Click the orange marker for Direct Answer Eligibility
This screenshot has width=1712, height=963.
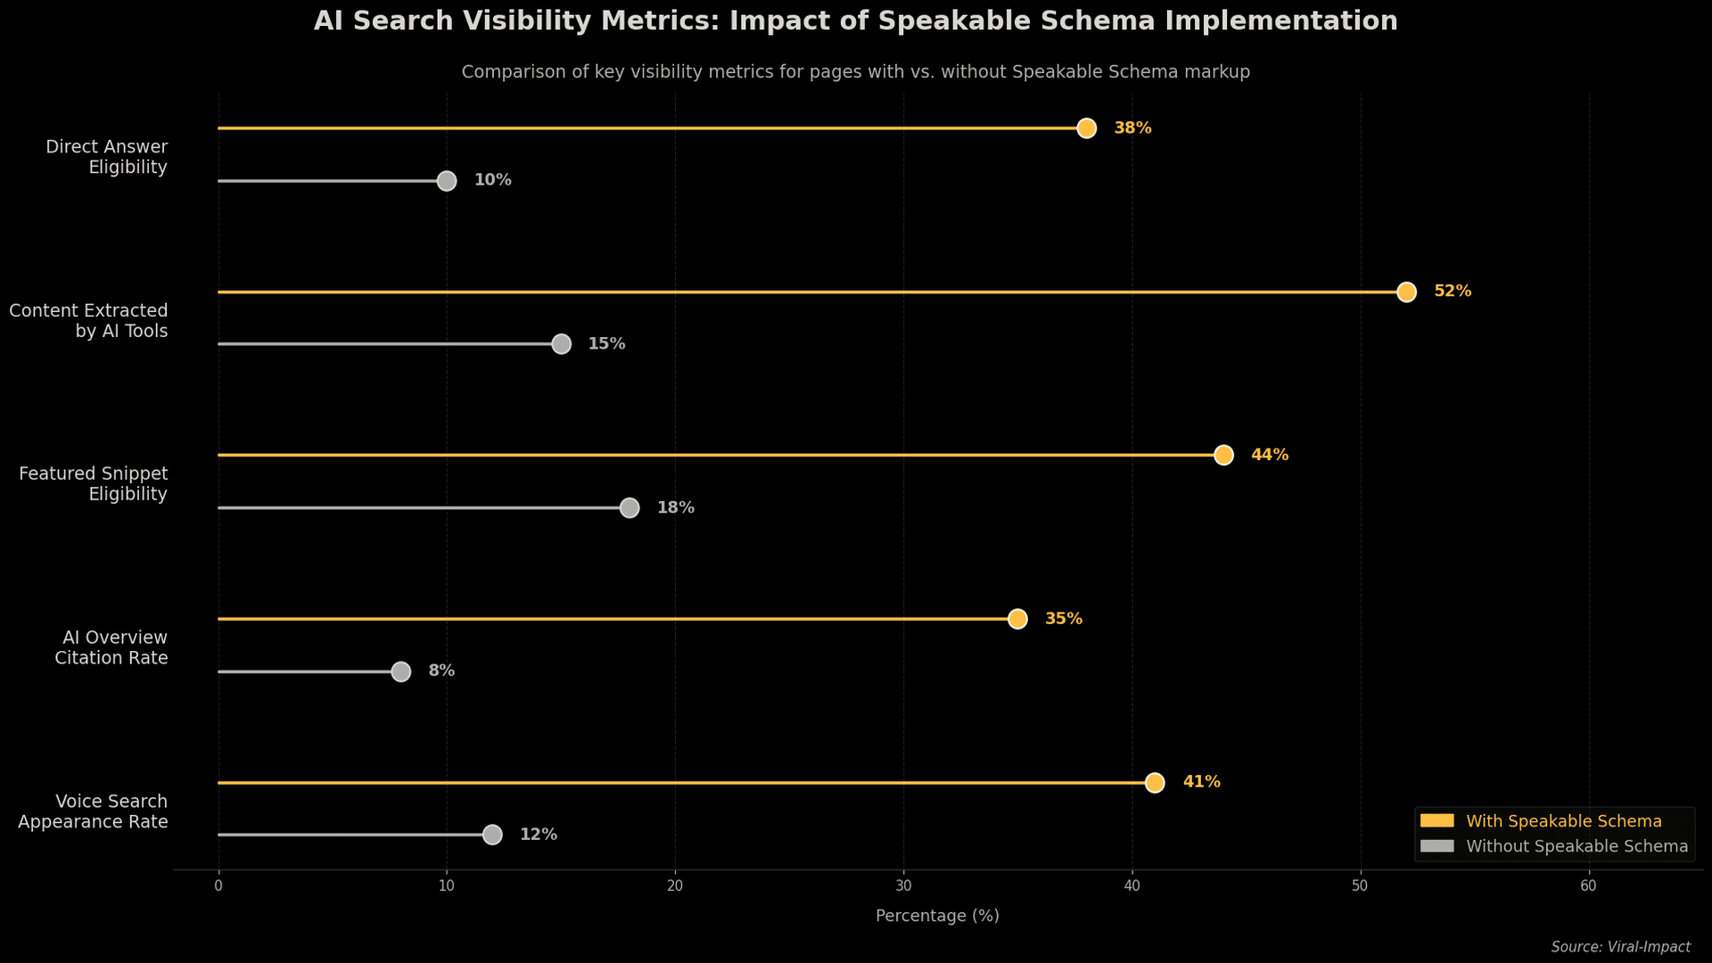[x=1086, y=128]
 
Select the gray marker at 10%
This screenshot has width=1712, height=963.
[x=447, y=181]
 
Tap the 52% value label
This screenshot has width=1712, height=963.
[x=1453, y=292]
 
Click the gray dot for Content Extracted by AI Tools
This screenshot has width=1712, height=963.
[x=561, y=344]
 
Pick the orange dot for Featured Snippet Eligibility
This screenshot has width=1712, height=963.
[x=1223, y=456]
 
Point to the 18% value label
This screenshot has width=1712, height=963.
[x=675, y=508]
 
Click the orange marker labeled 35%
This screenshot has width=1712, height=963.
[x=1017, y=619]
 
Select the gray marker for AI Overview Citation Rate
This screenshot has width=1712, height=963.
[x=401, y=671]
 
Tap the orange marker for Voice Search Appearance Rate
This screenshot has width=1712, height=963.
[x=1155, y=783]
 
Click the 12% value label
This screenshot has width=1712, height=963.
[x=539, y=835]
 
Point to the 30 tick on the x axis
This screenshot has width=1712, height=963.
[x=903, y=886]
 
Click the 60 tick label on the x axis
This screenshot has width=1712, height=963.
[x=1588, y=886]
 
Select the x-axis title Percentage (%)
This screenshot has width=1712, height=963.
[x=937, y=916]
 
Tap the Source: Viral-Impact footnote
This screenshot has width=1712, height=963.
[x=1620, y=947]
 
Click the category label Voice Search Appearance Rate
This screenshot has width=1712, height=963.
[x=93, y=811]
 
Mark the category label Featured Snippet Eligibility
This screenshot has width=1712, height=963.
[x=93, y=483]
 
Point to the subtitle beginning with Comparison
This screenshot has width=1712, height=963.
[x=855, y=72]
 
